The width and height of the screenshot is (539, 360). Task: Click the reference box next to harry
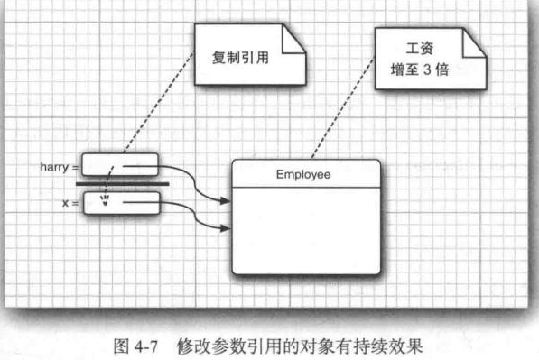click(120, 166)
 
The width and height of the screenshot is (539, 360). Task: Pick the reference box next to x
click(126, 205)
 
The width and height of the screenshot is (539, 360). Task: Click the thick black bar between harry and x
click(123, 185)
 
